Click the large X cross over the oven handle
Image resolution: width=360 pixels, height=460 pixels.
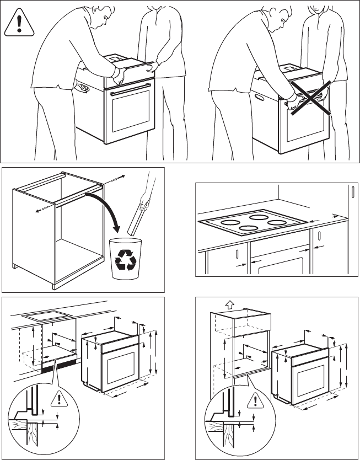click(310, 98)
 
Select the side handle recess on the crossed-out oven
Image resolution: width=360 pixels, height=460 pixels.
click(257, 98)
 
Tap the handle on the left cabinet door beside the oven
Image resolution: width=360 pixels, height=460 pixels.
click(237, 255)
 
